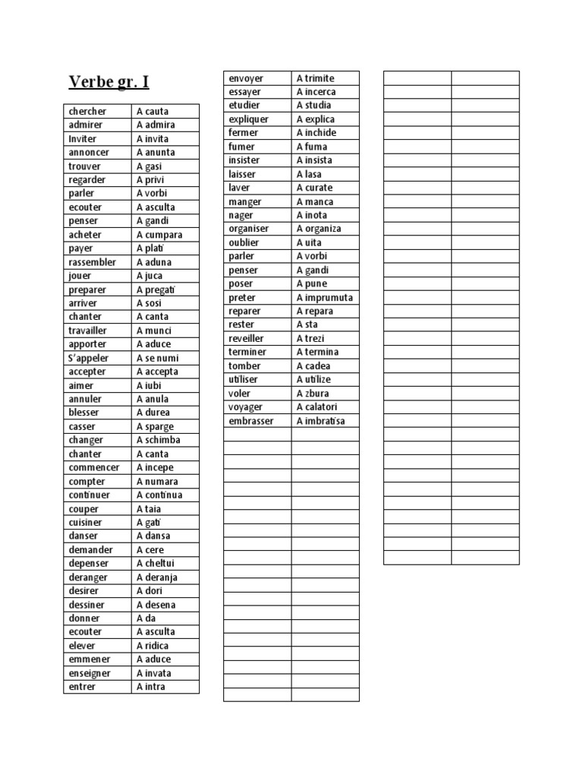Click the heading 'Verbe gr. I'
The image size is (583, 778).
click(109, 81)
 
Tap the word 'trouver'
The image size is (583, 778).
click(84, 166)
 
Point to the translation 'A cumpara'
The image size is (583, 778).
click(159, 235)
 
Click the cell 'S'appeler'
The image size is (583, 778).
click(89, 358)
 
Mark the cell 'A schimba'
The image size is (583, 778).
click(158, 440)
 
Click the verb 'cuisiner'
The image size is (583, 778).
click(85, 523)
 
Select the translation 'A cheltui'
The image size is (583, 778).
click(157, 564)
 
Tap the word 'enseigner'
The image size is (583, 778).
click(90, 673)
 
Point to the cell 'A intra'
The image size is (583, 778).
click(150, 687)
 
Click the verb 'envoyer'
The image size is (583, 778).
click(246, 78)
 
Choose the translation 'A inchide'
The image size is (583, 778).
click(316, 133)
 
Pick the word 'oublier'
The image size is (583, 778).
click(244, 242)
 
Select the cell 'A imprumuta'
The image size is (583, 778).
click(324, 298)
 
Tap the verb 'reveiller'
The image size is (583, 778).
click(246, 339)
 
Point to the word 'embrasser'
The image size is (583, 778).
click(251, 421)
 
